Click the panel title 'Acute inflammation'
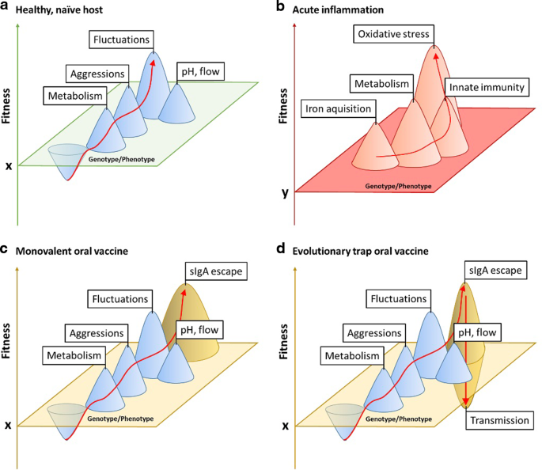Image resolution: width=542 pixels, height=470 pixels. (351, 8)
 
